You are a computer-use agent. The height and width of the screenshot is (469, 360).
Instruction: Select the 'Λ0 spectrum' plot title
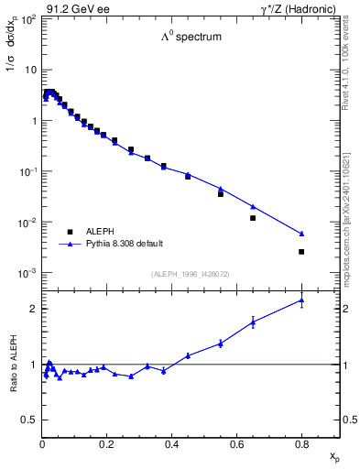191,38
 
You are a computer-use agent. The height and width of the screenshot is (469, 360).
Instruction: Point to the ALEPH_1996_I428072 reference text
191,274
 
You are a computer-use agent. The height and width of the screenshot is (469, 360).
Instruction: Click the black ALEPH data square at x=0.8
301,251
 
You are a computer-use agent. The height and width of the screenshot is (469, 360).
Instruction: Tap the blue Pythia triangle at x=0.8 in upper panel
301,234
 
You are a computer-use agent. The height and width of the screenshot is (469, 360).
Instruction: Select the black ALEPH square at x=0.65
253,218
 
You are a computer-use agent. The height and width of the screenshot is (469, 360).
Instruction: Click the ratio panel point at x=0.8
301,300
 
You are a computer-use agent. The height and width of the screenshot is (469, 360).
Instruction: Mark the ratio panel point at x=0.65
253,322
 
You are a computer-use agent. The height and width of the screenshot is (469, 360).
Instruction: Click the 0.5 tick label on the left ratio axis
31,420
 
